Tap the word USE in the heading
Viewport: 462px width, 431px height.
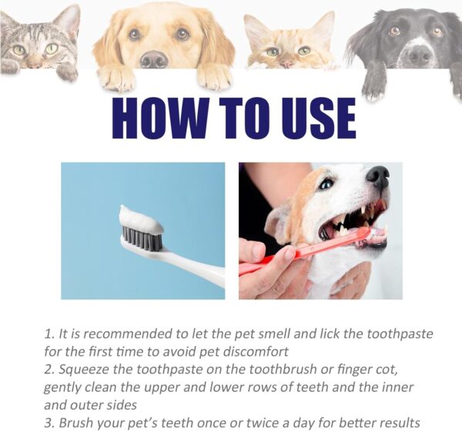point(319,118)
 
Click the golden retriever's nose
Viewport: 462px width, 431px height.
point(154,59)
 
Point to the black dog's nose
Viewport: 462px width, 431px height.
point(420,55)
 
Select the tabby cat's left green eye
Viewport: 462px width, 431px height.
point(19,50)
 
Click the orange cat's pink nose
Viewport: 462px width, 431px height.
point(286,63)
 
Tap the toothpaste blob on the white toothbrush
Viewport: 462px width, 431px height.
point(140,219)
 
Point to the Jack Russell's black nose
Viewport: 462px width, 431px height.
point(378,177)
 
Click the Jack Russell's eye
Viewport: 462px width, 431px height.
point(326,185)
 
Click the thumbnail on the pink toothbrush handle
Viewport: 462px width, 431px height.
point(287,254)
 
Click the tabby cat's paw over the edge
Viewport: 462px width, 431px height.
point(67,72)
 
